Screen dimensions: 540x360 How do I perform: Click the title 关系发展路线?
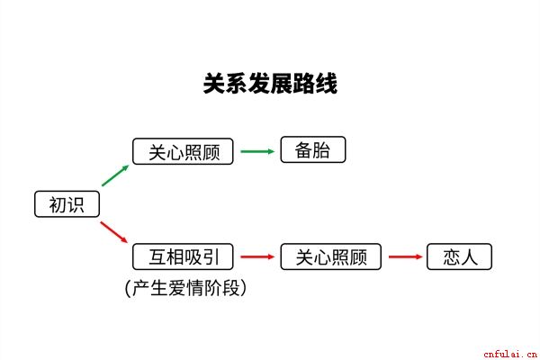coord(270,84)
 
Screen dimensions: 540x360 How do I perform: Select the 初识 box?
coord(67,204)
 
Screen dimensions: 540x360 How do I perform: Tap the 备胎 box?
coord(312,149)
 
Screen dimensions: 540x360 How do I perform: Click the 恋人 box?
coord(459,256)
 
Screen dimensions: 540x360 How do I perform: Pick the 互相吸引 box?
coord(183,256)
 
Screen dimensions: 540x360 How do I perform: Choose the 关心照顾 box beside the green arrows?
coord(183,151)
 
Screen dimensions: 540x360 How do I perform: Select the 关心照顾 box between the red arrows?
coord(330,256)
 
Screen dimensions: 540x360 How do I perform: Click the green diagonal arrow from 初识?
coord(115,175)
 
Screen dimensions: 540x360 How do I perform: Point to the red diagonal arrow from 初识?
coord(114,232)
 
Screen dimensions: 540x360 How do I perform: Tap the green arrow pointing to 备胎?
coord(257,151)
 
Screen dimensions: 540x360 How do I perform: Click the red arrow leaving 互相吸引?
coord(257,256)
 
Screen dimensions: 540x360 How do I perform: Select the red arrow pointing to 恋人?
coord(405,256)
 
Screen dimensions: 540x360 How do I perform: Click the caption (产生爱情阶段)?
coord(185,288)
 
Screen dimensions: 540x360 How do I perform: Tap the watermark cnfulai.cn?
coord(510,354)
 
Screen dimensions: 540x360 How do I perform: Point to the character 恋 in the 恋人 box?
coord(452,257)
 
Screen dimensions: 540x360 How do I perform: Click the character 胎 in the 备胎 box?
coord(321,150)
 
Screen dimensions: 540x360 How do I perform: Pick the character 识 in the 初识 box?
coord(76,204)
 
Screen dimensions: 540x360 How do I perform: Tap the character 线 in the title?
coord(326,84)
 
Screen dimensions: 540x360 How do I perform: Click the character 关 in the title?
coord(214,84)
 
